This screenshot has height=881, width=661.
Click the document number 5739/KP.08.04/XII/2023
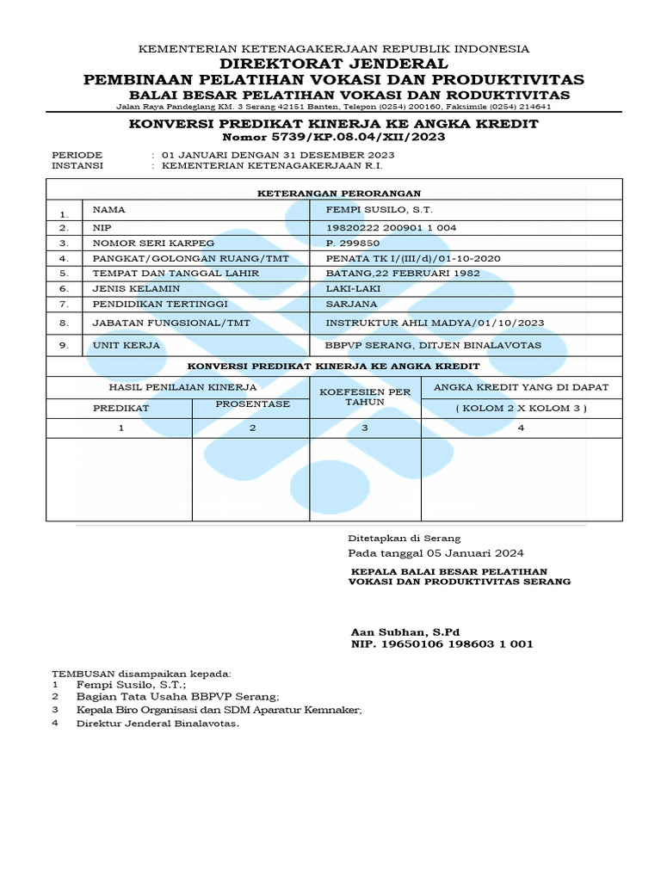(x=333, y=138)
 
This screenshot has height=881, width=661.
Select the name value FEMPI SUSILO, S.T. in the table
(x=380, y=210)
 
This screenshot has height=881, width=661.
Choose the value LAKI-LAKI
(x=354, y=288)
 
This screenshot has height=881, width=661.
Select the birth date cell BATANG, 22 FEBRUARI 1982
(x=402, y=273)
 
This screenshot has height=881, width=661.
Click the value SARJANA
(x=350, y=304)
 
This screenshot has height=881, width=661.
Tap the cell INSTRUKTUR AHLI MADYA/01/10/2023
(x=435, y=323)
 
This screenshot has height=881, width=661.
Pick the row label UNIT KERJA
(x=126, y=345)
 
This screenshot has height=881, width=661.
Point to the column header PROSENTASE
(x=252, y=404)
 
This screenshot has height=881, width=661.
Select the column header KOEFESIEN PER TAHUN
(x=365, y=397)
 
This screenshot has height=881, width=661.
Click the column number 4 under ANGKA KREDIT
(x=521, y=428)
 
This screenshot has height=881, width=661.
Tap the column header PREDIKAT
(x=121, y=408)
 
